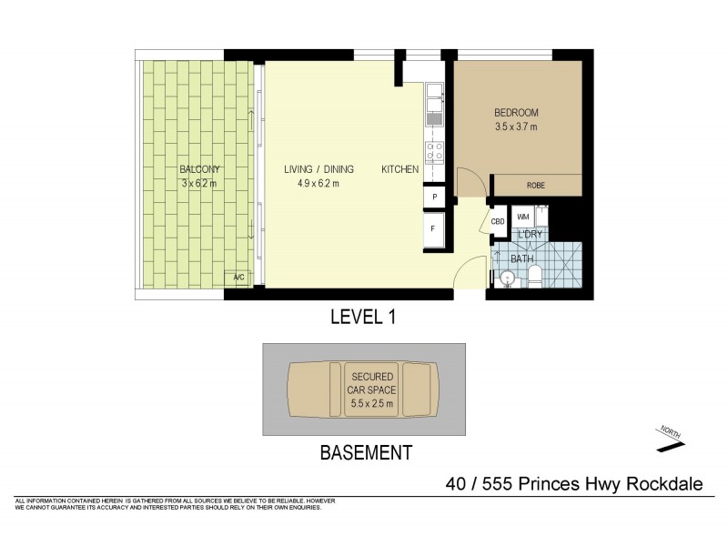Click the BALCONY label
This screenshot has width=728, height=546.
[199, 169]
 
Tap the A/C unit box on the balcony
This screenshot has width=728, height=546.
[239, 277]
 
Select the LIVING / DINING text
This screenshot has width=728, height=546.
[318, 169]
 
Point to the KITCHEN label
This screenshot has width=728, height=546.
[399, 169]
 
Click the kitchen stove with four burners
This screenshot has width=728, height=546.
[434, 151]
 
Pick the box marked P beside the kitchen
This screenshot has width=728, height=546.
[434, 197]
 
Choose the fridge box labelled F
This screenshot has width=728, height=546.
[434, 229]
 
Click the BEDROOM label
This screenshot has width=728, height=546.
[516, 113]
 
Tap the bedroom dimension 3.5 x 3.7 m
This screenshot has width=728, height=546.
[516, 127]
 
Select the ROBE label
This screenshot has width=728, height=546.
[537, 186]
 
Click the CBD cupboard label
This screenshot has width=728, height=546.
[498, 221]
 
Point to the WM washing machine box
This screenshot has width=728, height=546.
[523, 217]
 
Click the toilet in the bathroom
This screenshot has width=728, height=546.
[535, 277]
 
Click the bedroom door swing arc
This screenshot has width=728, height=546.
[468, 178]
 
